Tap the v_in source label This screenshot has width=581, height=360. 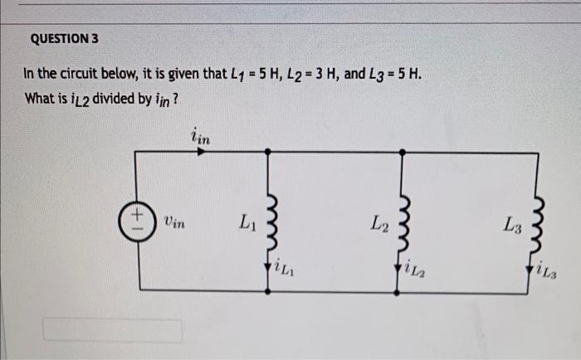174,221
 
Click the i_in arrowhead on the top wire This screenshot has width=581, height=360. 205,152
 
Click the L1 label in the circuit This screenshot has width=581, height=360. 247,221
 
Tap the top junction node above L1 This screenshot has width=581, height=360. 269,152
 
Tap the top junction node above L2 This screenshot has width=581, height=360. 403,152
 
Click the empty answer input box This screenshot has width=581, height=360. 113,330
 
